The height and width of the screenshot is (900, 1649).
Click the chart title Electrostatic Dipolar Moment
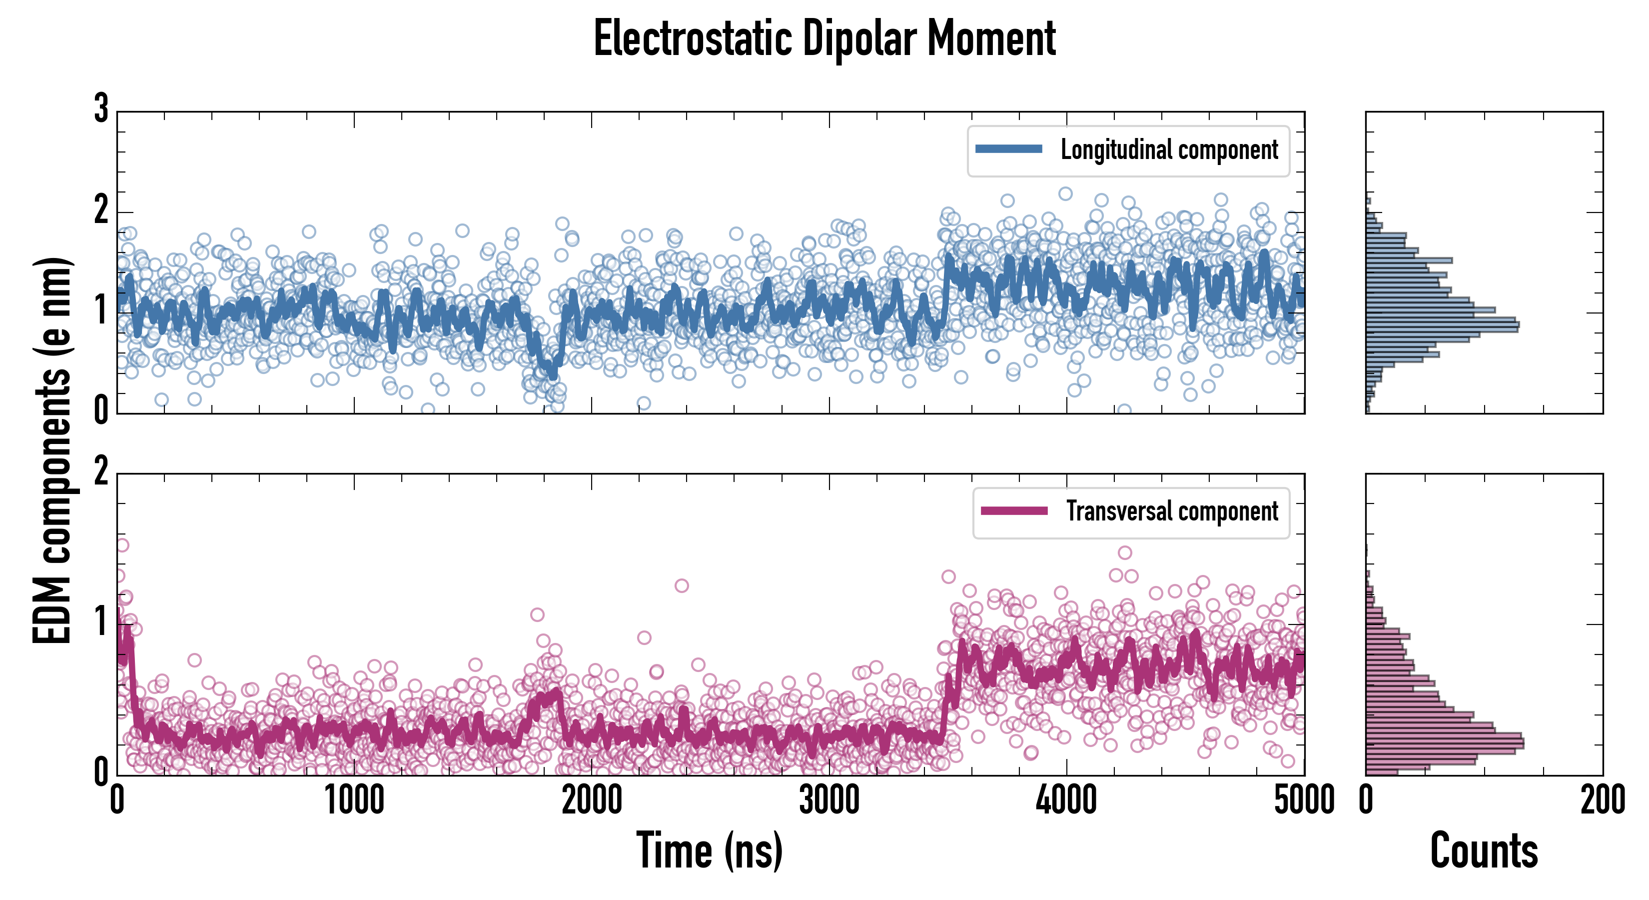click(x=824, y=38)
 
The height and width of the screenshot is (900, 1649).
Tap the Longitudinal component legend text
click(x=1169, y=150)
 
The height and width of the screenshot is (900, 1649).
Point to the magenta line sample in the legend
click(x=1014, y=510)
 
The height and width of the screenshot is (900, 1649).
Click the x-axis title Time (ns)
click(x=709, y=850)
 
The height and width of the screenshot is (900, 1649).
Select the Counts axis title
click(x=1484, y=850)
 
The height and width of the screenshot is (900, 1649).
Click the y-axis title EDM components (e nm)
click(x=52, y=451)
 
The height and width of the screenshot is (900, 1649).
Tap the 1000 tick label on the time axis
click(x=354, y=800)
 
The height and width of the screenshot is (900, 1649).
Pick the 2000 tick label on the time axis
click(x=592, y=800)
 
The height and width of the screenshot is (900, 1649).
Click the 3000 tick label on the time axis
click(x=829, y=800)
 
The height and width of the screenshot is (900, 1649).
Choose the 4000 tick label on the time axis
click(x=1066, y=800)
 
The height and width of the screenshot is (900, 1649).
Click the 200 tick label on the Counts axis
click(x=1602, y=800)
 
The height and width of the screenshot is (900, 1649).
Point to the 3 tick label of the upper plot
click(x=101, y=109)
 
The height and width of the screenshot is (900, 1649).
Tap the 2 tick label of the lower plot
click(x=101, y=472)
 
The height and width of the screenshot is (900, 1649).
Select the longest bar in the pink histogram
click(x=1444, y=743)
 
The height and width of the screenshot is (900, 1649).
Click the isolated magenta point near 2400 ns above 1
click(x=682, y=585)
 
